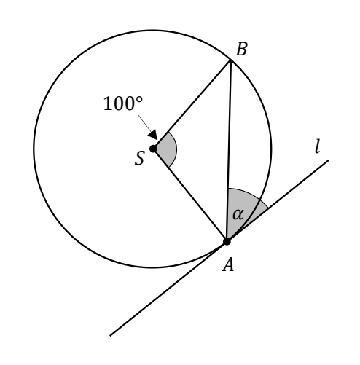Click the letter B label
point(242,50)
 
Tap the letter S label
point(140,158)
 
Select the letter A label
point(228,264)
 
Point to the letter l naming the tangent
point(317,146)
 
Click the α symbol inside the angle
point(238,215)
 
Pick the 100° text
point(123,103)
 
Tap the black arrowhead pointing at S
point(153,135)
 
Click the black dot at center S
point(153,149)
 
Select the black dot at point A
point(227,241)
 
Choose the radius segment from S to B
point(192,104)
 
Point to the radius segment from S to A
point(190,195)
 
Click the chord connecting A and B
point(229,151)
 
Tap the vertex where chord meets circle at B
point(231,60)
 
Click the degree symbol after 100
point(139,100)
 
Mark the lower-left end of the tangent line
point(110,336)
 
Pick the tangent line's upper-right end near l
point(329,160)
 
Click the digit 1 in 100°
point(107,103)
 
